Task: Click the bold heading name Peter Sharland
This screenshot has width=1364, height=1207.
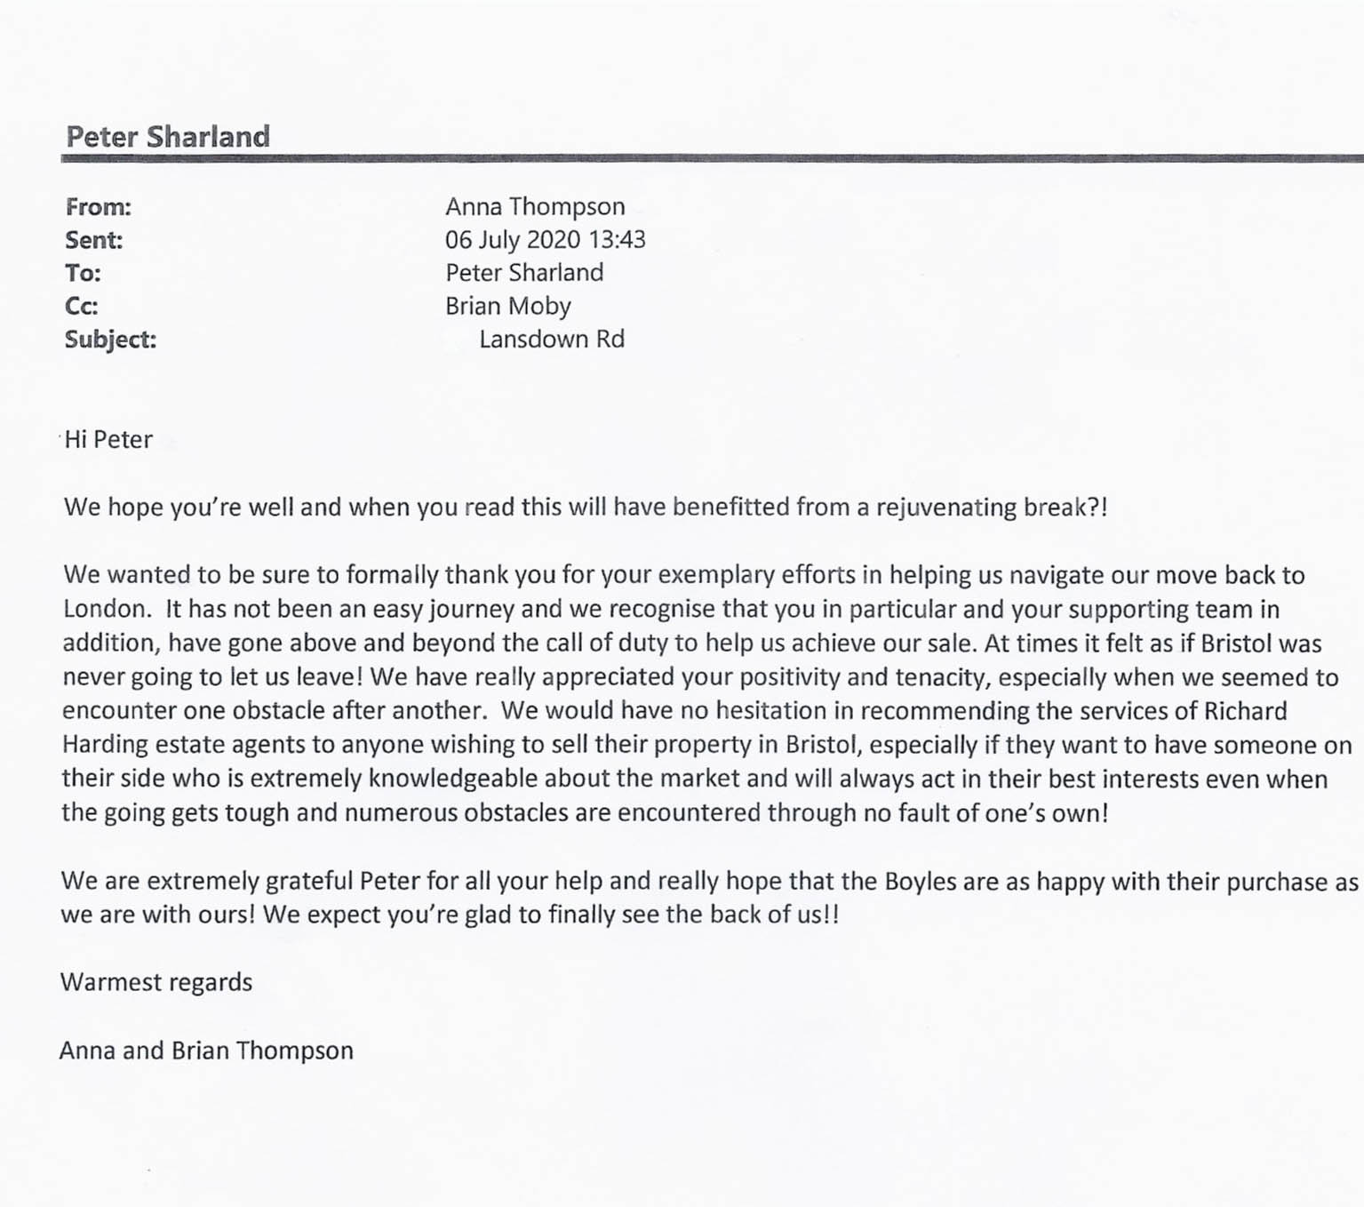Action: (x=168, y=136)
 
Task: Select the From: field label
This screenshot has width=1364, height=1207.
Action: (x=98, y=207)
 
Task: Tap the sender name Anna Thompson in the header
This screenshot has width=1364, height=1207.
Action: (x=535, y=206)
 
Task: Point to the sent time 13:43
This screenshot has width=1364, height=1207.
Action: (x=617, y=239)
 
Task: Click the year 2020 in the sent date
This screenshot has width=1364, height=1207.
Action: (x=553, y=239)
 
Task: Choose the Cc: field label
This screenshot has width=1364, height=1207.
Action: (x=81, y=306)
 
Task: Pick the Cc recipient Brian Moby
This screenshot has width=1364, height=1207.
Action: (x=507, y=306)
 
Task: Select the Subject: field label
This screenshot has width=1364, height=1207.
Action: (x=110, y=340)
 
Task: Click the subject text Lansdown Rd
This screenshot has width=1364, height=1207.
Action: (x=551, y=339)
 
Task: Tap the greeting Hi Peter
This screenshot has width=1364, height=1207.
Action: (x=108, y=439)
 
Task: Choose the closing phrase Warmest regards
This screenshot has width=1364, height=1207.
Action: (x=156, y=982)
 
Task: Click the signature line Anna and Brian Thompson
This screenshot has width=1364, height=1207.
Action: (x=206, y=1051)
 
